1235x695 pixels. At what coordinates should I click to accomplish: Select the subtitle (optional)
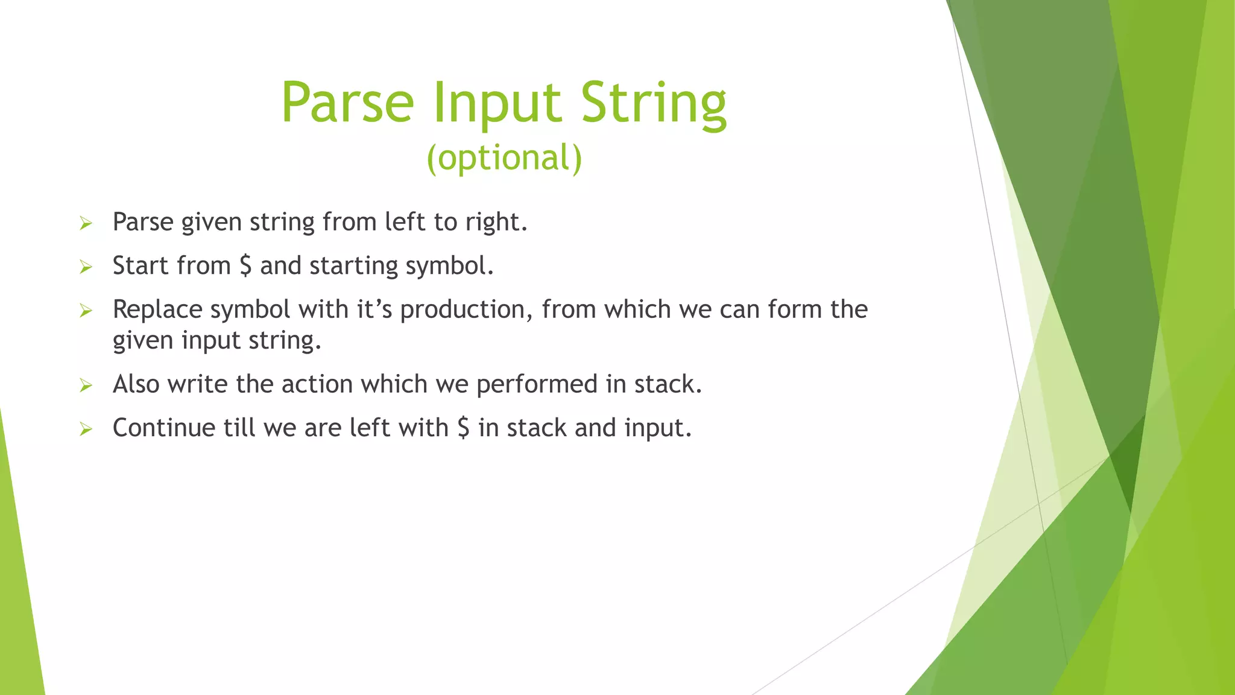(504, 158)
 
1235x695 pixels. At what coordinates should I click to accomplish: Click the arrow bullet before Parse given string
(86, 224)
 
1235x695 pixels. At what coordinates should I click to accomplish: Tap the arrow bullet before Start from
(86, 267)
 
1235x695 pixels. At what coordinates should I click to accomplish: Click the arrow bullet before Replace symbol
(86, 311)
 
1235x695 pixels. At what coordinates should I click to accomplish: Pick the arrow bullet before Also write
(86, 386)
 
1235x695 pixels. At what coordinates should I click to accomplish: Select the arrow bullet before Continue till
(86, 429)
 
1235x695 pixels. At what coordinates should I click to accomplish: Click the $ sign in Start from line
(245, 265)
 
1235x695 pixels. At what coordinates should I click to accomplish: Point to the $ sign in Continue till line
(463, 428)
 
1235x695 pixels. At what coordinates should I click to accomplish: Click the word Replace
(157, 309)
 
